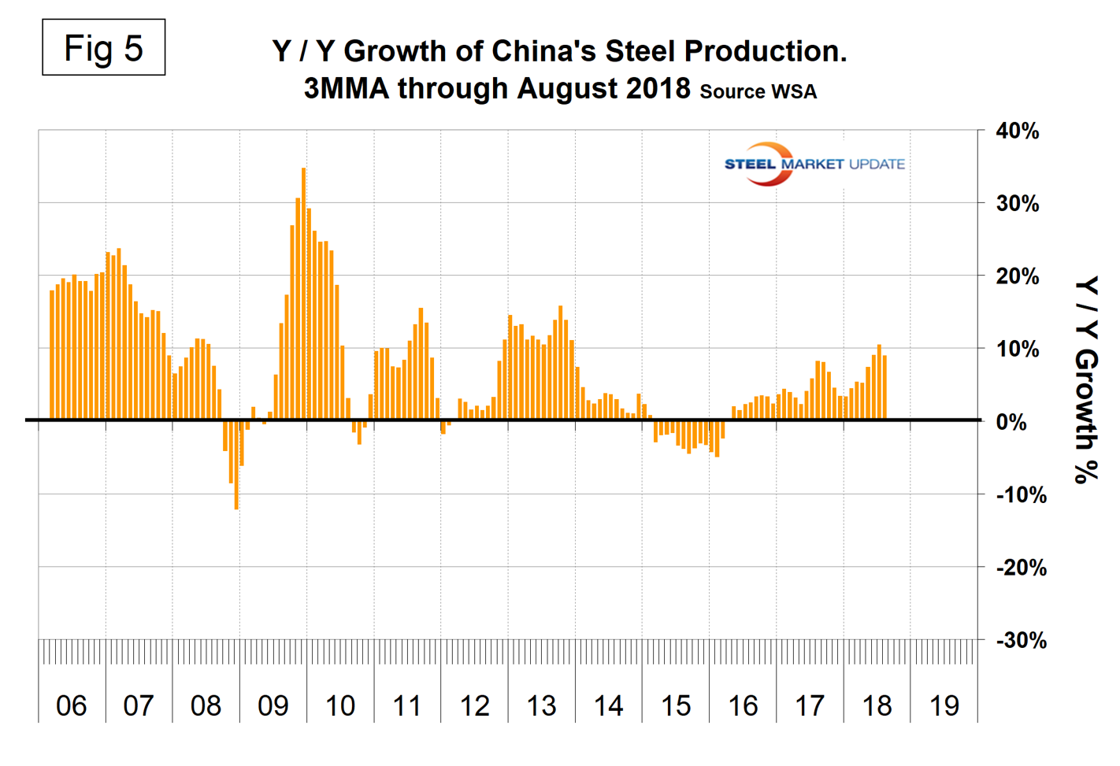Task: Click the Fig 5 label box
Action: (x=103, y=48)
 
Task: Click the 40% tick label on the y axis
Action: (x=1017, y=131)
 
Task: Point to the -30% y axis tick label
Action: (x=1022, y=640)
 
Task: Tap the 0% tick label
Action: (x=1011, y=422)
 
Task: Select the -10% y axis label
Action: (x=1022, y=495)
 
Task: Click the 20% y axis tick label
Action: (x=1017, y=276)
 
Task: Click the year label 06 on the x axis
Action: (x=71, y=705)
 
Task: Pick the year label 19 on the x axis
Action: (x=944, y=705)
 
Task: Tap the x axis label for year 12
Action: (x=474, y=705)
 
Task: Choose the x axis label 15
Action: (x=676, y=705)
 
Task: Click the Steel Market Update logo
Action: (x=814, y=164)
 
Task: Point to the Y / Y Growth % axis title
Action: (x=1086, y=379)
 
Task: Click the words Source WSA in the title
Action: (x=758, y=92)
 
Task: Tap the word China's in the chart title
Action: (x=544, y=51)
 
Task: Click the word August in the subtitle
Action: (x=564, y=88)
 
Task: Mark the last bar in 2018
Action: (x=885, y=387)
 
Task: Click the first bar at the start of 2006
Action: (x=52, y=354)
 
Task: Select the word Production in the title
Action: (x=764, y=51)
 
